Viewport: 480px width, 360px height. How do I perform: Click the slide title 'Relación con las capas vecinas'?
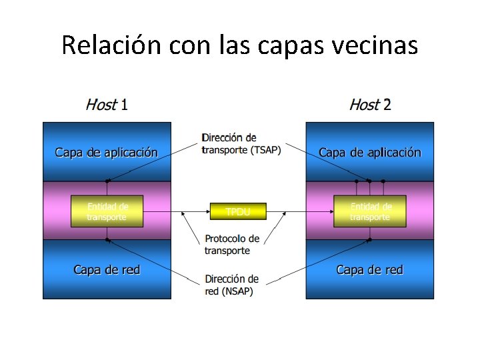pyautogui.click(x=239, y=45)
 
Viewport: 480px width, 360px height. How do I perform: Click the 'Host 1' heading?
pyautogui.click(x=107, y=105)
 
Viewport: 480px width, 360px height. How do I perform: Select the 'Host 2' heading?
pyautogui.click(x=370, y=105)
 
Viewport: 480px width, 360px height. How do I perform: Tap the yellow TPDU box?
pyautogui.click(x=238, y=211)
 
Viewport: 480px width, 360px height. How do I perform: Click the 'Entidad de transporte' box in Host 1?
pyautogui.click(x=107, y=211)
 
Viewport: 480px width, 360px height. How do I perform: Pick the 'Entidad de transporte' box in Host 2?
pyautogui.click(x=370, y=211)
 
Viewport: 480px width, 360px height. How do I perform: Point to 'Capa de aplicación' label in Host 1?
pyautogui.click(x=107, y=153)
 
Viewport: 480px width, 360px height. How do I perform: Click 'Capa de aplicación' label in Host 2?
pyautogui.click(x=370, y=153)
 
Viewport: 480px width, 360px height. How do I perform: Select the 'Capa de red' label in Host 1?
pyautogui.click(x=107, y=270)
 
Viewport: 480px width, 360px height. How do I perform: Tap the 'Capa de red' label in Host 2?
pyautogui.click(x=370, y=270)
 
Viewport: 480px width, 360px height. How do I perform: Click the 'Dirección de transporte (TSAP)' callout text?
pyautogui.click(x=241, y=144)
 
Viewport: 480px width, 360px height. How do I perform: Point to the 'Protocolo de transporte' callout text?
pyautogui.click(x=232, y=244)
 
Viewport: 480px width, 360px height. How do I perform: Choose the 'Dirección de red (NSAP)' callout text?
pyautogui.click(x=231, y=285)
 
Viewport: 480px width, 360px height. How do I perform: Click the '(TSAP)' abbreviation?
pyautogui.click(x=266, y=150)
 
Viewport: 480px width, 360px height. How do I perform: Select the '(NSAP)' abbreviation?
pyautogui.click(x=238, y=291)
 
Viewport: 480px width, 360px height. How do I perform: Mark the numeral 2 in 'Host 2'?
pyautogui.click(x=387, y=105)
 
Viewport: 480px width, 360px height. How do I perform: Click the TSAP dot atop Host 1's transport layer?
pyautogui.click(x=107, y=181)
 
